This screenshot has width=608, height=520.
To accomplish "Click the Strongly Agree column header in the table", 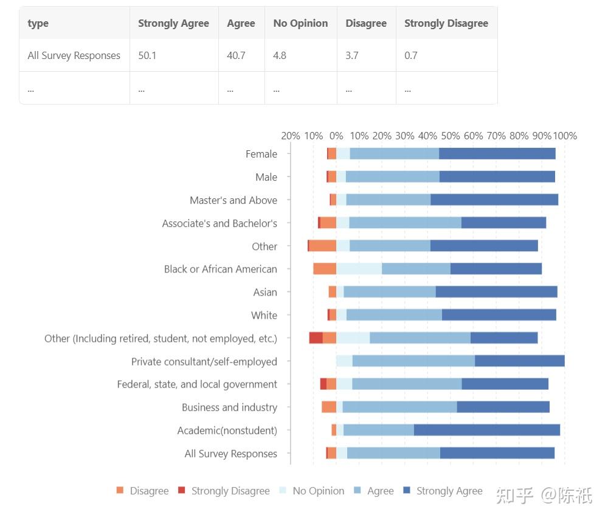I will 173,23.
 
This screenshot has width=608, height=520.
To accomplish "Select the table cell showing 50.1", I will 147,55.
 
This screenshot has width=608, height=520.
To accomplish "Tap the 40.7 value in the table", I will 236,55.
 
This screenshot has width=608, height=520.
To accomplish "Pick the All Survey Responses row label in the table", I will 74,55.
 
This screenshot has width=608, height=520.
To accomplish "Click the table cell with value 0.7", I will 411,55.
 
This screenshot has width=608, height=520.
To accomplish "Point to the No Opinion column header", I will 300,23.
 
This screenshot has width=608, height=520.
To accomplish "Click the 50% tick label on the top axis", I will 451,136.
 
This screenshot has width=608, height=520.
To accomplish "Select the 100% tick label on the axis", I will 565,136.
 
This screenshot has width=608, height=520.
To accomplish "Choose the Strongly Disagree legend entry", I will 224,491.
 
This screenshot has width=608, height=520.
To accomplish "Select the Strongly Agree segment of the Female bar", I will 497,154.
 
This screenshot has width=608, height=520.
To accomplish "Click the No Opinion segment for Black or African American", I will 359,269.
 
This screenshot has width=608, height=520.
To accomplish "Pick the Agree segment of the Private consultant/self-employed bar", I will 413,361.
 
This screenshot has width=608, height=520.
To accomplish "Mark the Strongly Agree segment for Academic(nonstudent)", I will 487,431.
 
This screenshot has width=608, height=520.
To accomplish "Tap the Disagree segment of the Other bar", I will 323,246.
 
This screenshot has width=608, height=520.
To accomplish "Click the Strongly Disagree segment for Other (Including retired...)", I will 316,338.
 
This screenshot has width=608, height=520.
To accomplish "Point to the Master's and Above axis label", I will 233,200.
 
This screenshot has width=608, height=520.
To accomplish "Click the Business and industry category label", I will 229,407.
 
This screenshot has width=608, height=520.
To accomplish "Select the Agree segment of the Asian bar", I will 389,292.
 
